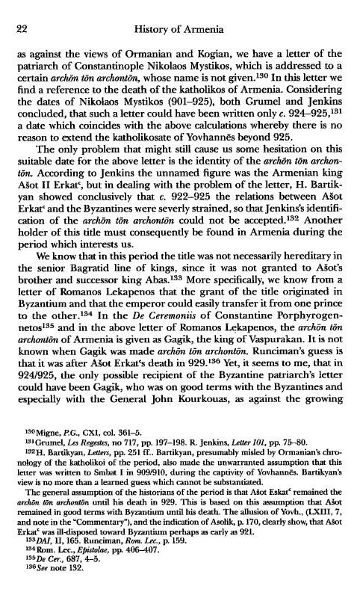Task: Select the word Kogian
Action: coord(219,55)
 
